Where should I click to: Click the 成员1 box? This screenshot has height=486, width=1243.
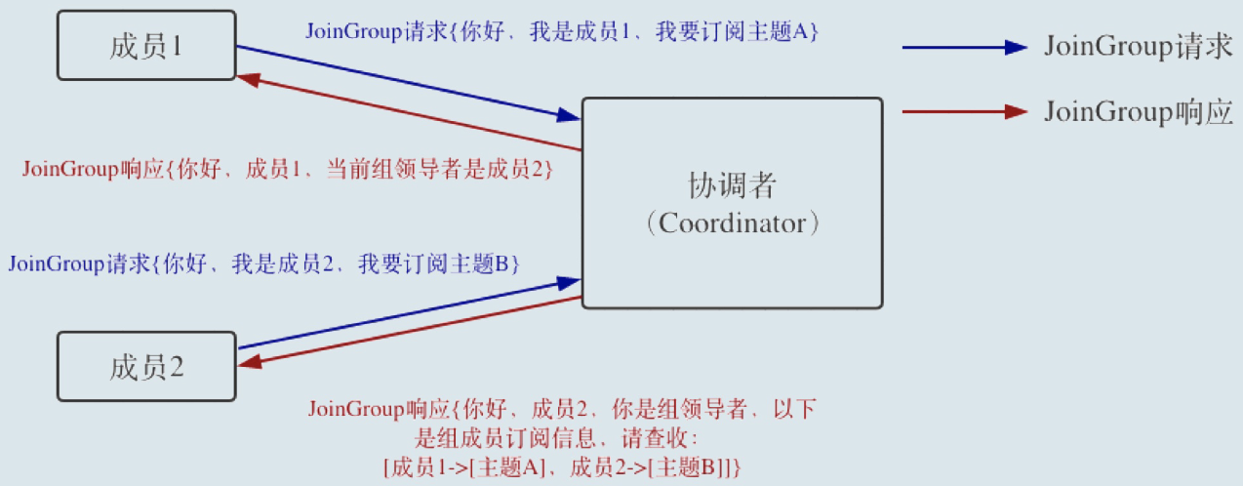click(146, 46)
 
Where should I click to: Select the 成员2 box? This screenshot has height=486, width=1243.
click(146, 367)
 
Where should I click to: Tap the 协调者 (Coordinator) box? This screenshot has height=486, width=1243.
click(732, 263)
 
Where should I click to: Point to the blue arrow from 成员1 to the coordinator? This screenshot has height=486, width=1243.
click(410, 83)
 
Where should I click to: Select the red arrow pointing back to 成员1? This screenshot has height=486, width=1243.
click(410, 115)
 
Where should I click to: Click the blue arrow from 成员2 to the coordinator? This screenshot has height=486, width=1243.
click(410, 314)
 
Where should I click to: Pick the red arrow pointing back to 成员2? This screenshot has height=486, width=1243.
click(410, 330)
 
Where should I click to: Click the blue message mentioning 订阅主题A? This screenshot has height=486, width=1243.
click(561, 31)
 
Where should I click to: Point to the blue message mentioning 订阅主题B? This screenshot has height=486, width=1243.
click(263, 263)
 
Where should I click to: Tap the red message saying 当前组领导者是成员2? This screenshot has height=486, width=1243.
click(289, 169)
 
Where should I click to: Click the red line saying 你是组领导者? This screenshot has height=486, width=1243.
click(561, 409)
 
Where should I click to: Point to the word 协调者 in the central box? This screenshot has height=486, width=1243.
click(732, 185)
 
